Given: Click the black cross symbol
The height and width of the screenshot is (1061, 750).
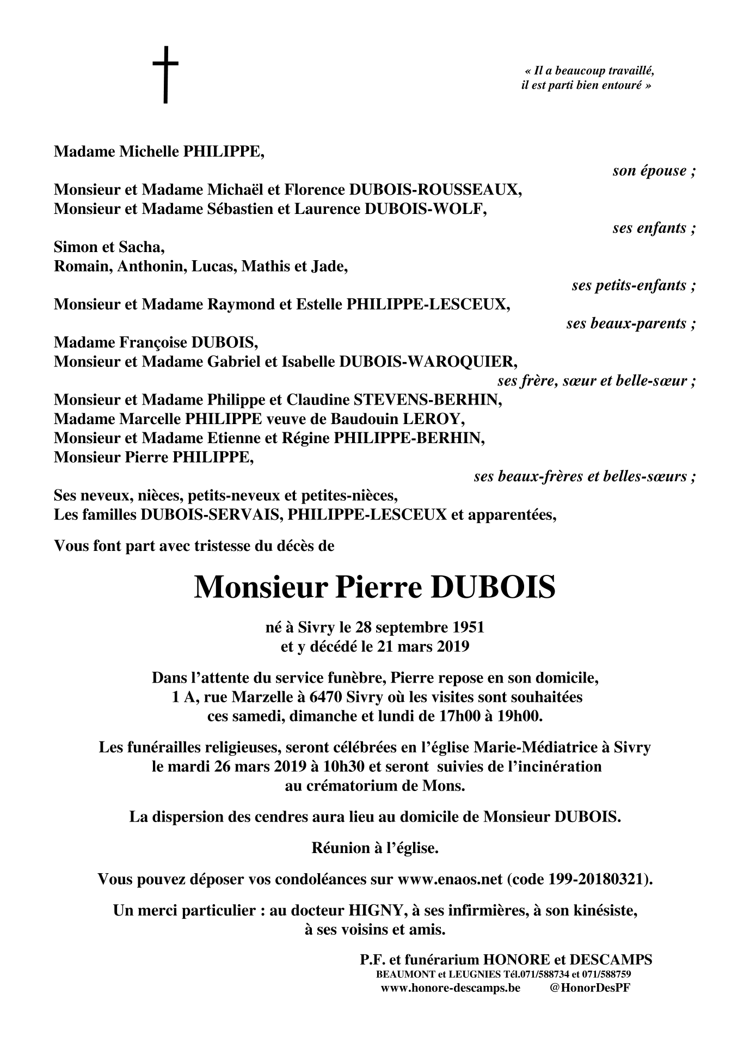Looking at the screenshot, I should point(165,75).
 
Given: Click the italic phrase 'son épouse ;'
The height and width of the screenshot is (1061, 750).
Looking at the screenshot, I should point(654,171).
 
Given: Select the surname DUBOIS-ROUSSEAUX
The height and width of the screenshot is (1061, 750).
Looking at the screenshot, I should point(435,189).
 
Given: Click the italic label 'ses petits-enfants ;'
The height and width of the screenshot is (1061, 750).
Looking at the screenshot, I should point(634,285).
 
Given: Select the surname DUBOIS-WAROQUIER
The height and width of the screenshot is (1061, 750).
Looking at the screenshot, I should point(428,361).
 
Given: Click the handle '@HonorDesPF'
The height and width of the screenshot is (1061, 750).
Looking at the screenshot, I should point(590,988).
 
